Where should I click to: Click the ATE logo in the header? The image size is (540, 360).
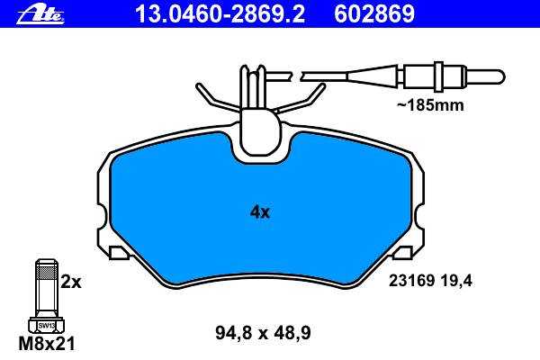coord(40,14)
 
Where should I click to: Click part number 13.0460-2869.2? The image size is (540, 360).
coord(220,13)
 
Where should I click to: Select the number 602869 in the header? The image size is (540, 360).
coord(374,13)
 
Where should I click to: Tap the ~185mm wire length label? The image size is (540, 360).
coord(430,105)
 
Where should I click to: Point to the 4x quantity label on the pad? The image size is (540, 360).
coord(260,212)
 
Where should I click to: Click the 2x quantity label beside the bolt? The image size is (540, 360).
coord(71,282)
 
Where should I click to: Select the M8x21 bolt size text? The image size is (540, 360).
coord(47,344)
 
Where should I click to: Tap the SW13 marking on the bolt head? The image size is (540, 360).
coord(47,325)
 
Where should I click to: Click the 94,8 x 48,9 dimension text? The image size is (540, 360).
coord(263,333)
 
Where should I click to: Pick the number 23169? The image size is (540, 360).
coord(411,281)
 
